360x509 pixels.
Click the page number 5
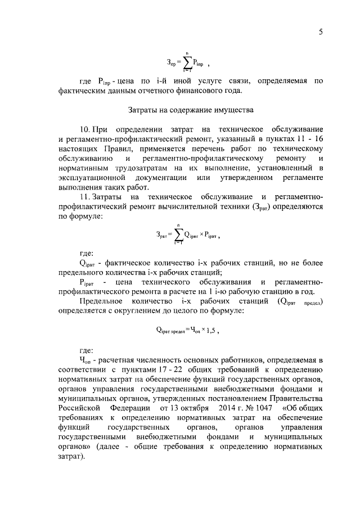[320, 32]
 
